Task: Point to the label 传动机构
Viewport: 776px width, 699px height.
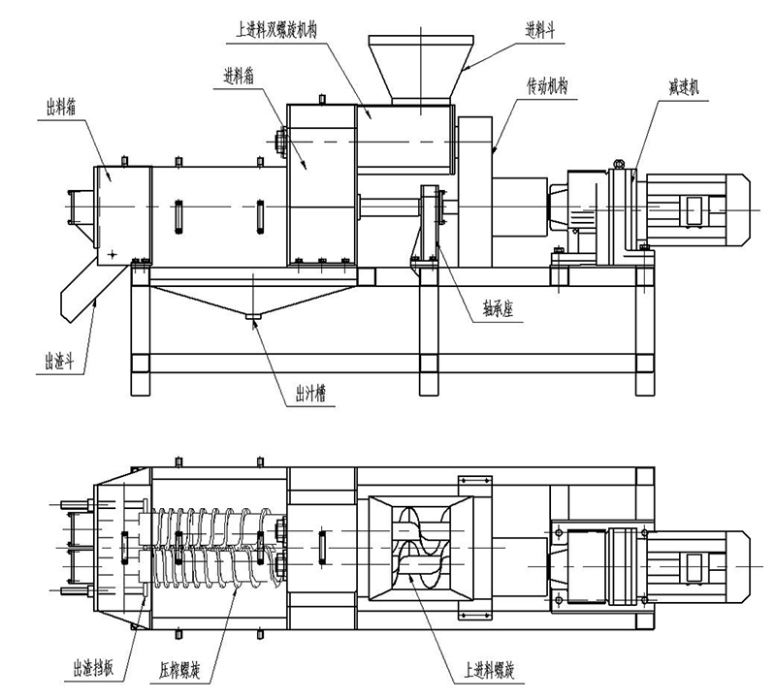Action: tap(547, 85)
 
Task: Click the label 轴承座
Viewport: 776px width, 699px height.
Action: tap(503, 314)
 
